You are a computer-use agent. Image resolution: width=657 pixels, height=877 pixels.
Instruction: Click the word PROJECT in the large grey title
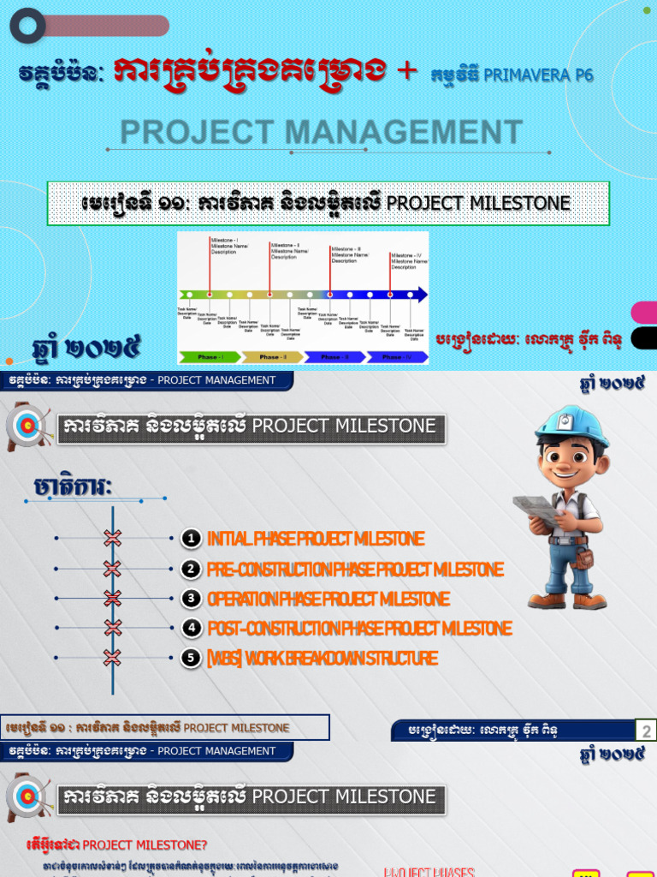click(197, 133)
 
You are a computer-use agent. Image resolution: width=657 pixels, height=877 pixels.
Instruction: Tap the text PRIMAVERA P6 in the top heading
click(538, 75)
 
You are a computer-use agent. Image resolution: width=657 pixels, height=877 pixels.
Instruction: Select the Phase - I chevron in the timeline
click(208, 356)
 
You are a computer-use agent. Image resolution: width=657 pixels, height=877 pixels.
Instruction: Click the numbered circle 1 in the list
click(192, 539)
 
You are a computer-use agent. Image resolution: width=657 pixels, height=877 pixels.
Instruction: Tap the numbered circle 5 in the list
click(192, 659)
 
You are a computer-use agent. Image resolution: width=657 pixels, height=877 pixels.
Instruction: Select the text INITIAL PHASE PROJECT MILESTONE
click(315, 539)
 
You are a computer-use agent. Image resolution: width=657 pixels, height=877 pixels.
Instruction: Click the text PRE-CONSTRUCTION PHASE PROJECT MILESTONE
click(355, 570)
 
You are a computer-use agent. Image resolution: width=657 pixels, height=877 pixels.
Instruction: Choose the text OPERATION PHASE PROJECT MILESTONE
click(328, 599)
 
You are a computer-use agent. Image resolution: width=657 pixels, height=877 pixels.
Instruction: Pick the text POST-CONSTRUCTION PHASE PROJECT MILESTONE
click(359, 629)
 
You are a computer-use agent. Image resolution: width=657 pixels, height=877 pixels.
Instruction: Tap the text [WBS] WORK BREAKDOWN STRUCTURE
click(323, 659)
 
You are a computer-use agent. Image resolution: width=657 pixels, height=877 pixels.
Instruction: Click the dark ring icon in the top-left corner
click(27, 26)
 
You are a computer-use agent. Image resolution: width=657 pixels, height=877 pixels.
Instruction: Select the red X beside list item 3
click(112, 598)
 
